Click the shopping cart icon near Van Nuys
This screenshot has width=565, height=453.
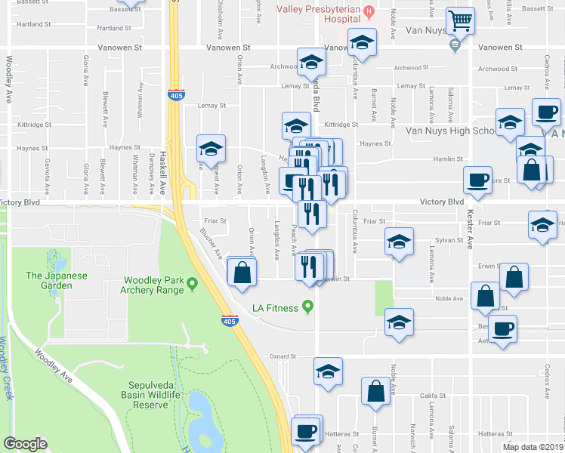click(459, 21)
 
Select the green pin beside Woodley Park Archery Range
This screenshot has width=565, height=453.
click(193, 284)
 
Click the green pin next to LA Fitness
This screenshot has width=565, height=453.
click(307, 307)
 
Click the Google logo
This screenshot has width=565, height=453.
click(25, 443)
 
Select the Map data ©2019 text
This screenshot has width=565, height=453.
click(532, 446)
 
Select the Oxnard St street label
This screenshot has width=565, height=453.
click(279, 356)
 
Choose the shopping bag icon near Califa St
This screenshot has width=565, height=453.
click(375, 392)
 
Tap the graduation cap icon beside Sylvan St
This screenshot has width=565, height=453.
click(398, 242)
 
